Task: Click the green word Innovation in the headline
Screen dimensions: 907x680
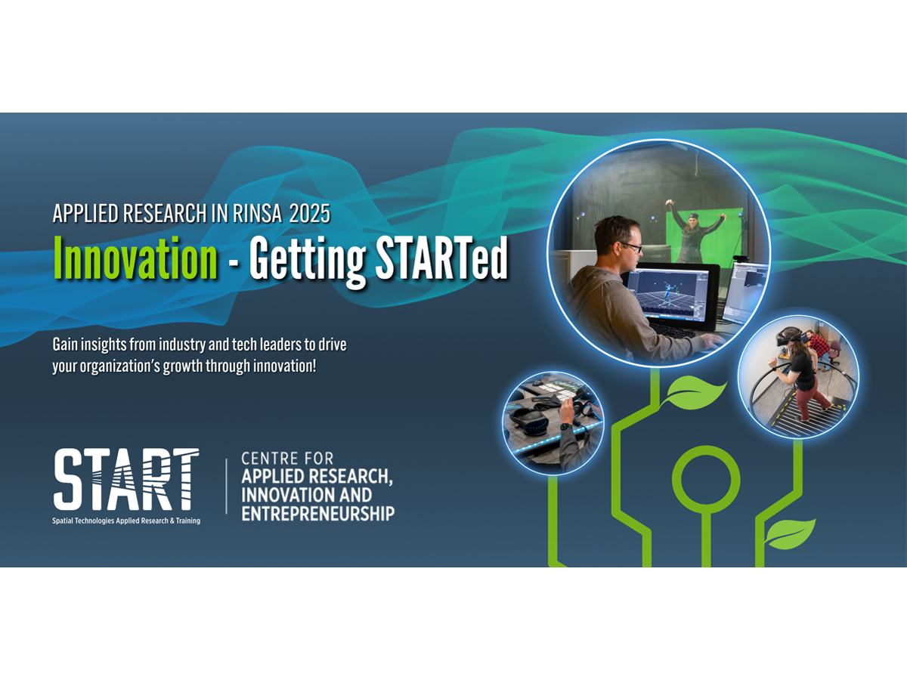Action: coord(135,258)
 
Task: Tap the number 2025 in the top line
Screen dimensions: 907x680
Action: coord(310,214)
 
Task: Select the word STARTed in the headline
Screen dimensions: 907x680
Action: coord(441,258)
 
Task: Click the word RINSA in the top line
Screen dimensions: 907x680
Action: coord(257,214)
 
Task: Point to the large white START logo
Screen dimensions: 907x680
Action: coord(126,479)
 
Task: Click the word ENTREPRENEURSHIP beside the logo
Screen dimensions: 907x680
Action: coord(317,515)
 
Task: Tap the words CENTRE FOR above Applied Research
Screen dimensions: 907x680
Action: coord(287,459)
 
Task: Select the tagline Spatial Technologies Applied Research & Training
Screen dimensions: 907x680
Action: coord(126,521)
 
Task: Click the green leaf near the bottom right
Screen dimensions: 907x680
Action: coord(790,533)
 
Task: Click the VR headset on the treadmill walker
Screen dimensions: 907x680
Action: coord(786,338)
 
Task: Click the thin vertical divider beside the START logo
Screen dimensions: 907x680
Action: coord(227,487)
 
